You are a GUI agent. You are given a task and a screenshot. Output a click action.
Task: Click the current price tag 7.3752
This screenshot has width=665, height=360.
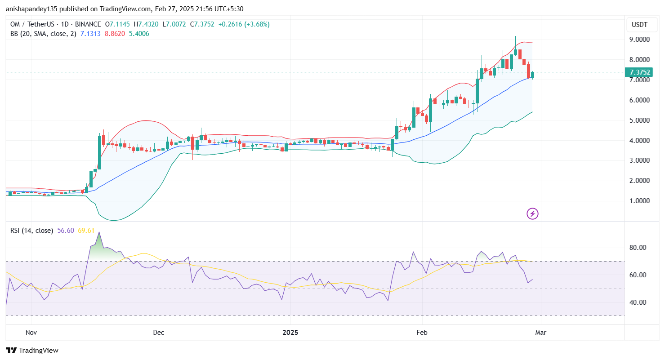click(640, 72)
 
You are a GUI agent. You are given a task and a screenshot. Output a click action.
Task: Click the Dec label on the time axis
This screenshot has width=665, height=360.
click(158, 333)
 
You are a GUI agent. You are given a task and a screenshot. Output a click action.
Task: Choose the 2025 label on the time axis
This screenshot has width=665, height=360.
click(290, 333)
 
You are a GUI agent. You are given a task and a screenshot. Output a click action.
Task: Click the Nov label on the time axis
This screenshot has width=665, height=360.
click(31, 333)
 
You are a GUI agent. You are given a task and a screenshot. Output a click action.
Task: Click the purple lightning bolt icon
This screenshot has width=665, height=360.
click(532, 214)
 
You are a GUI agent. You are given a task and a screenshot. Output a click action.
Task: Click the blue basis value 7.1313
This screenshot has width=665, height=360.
click(90, 34)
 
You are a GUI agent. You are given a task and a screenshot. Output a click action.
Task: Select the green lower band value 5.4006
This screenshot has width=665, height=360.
click(139, 34)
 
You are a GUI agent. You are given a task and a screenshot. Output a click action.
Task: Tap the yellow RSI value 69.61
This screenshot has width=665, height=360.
click(86, 231)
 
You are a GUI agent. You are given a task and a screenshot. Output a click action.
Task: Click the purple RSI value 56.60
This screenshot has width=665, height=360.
click(66, 231)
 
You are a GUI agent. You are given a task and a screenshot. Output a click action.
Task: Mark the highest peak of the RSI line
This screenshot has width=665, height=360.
click(99, 232)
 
